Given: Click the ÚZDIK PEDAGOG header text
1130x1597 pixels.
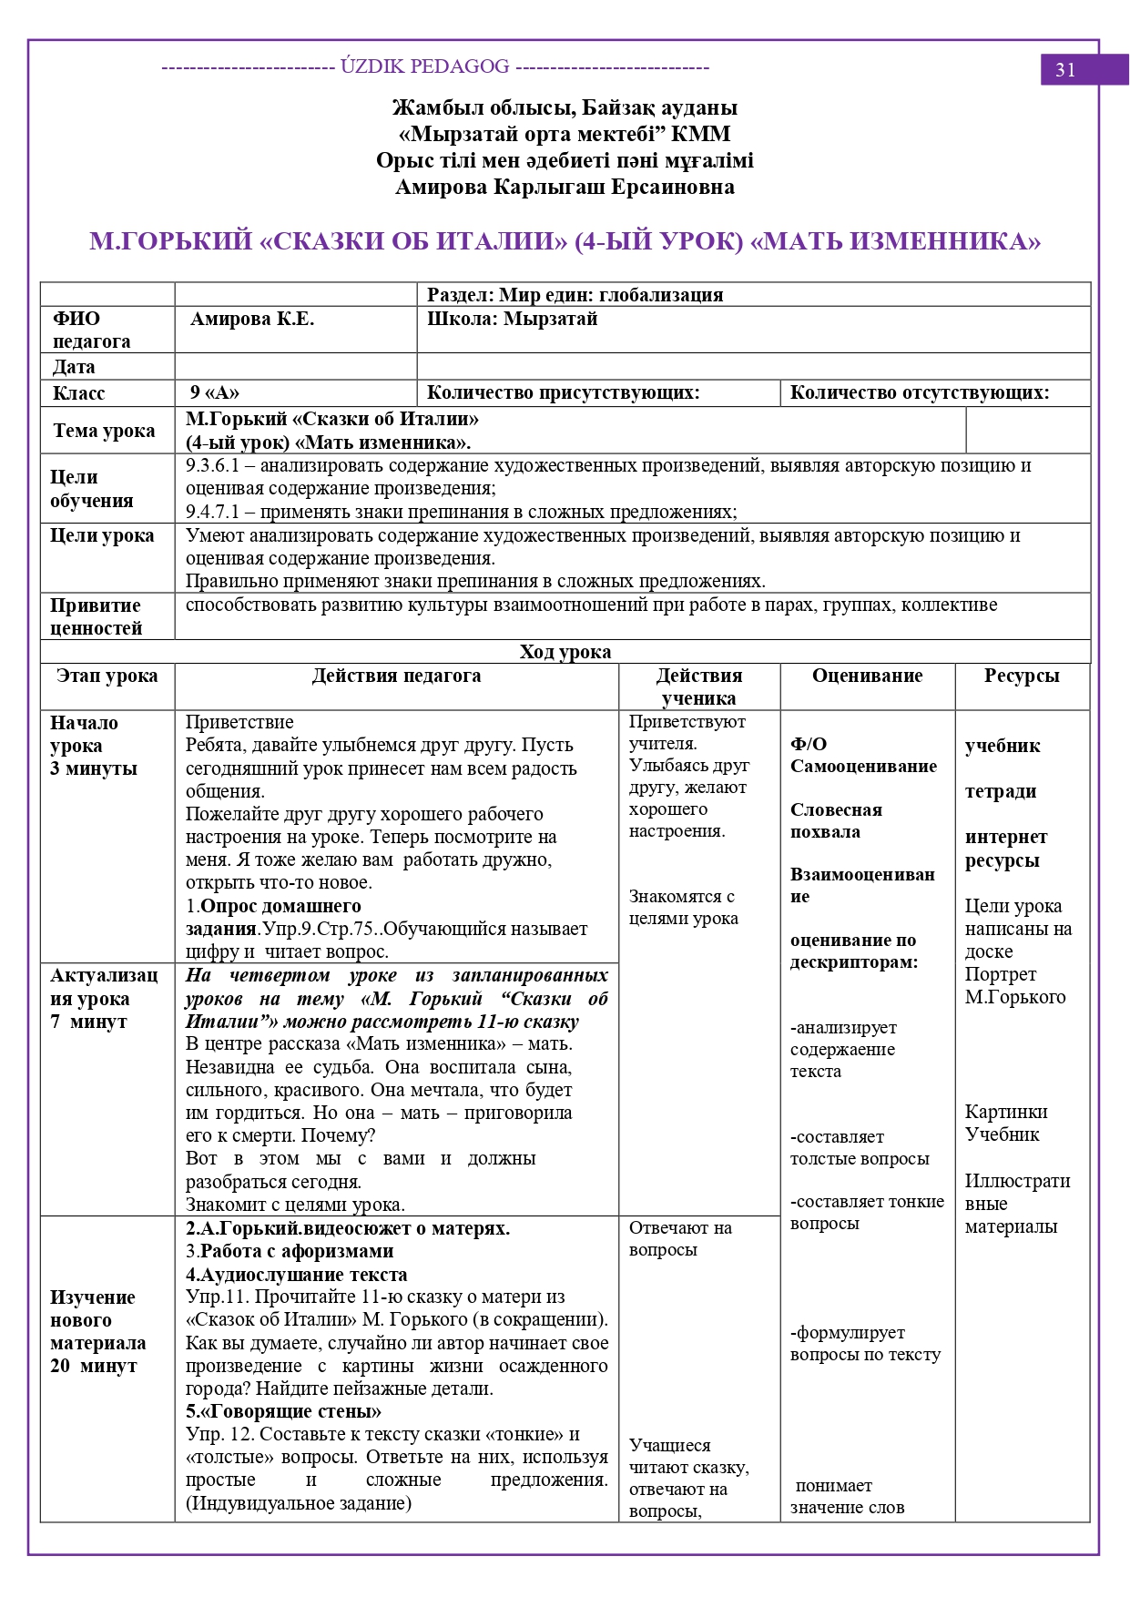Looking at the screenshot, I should point(425,66).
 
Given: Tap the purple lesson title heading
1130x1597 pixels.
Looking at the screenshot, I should point(565,241).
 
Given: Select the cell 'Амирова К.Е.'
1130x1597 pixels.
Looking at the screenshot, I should point(252,320).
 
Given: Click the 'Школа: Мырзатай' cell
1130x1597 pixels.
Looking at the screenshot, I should point(512,320).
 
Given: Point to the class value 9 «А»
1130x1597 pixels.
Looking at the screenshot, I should point(214,393).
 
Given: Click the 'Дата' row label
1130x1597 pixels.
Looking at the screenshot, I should point(74,367).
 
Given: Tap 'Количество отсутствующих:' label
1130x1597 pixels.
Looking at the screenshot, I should point(919,393).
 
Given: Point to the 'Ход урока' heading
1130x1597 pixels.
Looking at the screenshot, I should point(565,652).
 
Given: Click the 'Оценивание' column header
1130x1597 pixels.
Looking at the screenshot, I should point(867,676).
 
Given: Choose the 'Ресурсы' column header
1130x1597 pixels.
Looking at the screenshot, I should point(1022,676).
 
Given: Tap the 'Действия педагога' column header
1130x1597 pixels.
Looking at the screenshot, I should point(396,676).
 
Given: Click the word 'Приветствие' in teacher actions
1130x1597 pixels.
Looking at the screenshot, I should point(239,722).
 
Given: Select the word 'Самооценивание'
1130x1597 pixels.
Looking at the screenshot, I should point(863,766).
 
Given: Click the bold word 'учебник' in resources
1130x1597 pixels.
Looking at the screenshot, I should point(1003,746).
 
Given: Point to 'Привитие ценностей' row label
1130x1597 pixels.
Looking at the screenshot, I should point(96,616).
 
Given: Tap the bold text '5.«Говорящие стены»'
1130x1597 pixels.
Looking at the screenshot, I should point(283,1411).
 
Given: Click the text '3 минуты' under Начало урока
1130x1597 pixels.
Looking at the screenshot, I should point(94,768).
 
